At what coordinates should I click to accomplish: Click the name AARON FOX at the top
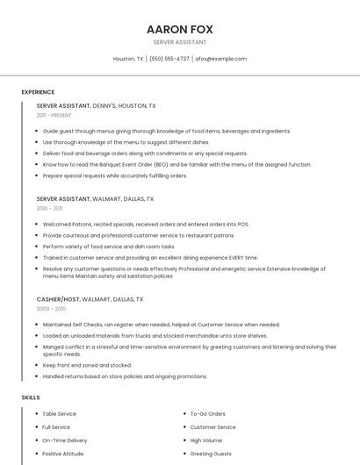coord(180,29)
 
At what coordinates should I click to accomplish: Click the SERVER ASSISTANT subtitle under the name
coord(180,42)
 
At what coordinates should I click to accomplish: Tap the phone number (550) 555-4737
coord(169,59)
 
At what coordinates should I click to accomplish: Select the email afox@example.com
coord(220,59)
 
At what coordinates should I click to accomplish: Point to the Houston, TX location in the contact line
coord(128,59)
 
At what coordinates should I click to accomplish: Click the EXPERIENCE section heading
coord(38,92)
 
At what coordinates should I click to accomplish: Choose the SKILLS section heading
coord(31,397)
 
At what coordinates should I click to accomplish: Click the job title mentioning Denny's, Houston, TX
coord(97,105)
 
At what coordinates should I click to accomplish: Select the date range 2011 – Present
coord(54,115)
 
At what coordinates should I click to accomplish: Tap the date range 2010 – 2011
coord(49,209)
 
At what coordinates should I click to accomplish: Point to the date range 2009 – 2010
coord(51,309)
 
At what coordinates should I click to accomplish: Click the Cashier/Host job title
coord(90,299)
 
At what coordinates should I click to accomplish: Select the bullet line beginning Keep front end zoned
coord(87,365)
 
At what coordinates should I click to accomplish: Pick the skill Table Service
coord(60,413)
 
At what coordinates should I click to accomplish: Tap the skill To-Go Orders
coord(208,413)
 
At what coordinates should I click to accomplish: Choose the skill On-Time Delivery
coord(65,440)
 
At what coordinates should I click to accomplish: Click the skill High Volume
coord(206,440)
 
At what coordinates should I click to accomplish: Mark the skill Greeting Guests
coord(211,454)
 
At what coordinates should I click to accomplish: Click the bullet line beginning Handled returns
coord(125,376)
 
